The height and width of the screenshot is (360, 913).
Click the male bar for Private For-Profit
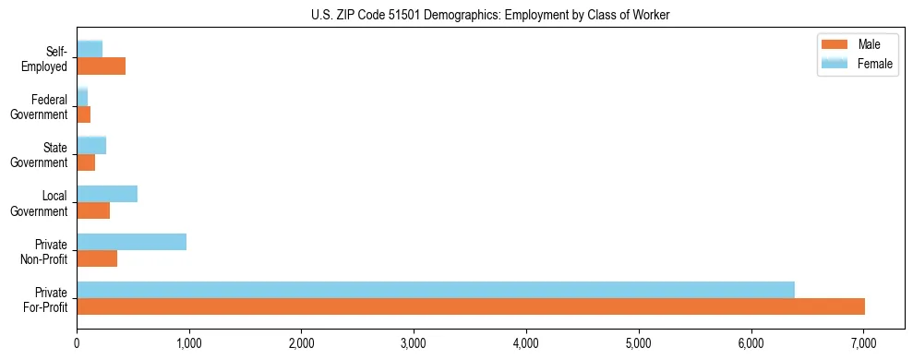pyautogui.click(x=471, y=306)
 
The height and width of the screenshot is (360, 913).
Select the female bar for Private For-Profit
pyautogui.click(x=436, y=290)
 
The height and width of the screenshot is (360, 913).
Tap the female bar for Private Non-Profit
pyautogui.click(x=131, y=242)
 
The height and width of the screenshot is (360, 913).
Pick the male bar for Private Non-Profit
pyautogui.click(x=97, y=258)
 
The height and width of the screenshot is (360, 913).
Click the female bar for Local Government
pyautogui.click(x=107, y=194)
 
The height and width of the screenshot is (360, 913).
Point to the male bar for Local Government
pyautogui.click(x=93, y=210)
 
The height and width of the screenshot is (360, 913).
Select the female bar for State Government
pyautogui.click(x=91, y=145)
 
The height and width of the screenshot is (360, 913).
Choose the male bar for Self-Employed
pyautogui.click(x=101, y=66)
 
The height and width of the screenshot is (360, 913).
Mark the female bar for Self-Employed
pyautogui.click(x=90, y=49)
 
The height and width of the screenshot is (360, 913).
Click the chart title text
pyautogui.click(x=491, y=14)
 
